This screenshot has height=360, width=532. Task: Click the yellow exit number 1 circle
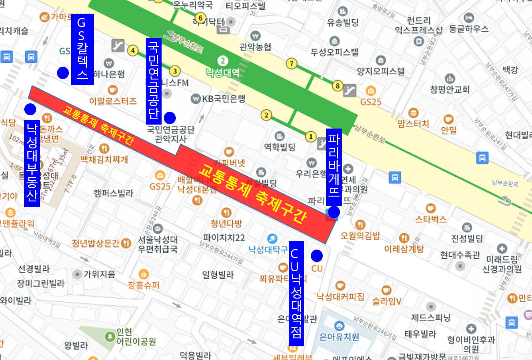[311, 136]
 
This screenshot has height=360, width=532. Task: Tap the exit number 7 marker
[291, 64]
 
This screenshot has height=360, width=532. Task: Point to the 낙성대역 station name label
[223, 72]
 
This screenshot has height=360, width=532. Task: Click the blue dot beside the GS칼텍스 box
[63, 73]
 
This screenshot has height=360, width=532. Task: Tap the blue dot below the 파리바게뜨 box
[334, 212]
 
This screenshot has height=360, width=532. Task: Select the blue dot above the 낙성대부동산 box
[30, 109]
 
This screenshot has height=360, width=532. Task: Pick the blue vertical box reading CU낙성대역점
[296, 294]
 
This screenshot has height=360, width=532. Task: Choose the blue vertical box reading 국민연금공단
[153, 81]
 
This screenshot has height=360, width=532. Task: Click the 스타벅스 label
[430, 219]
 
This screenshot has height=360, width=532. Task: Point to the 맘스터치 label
[413, 123]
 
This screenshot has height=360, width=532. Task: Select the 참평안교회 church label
[449, 89]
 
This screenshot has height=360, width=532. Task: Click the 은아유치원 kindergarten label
[339, 337]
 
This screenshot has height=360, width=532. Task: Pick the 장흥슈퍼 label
[143, 285]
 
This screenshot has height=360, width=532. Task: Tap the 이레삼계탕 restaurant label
[404, 248]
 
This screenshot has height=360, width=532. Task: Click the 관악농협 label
[255, 47]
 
